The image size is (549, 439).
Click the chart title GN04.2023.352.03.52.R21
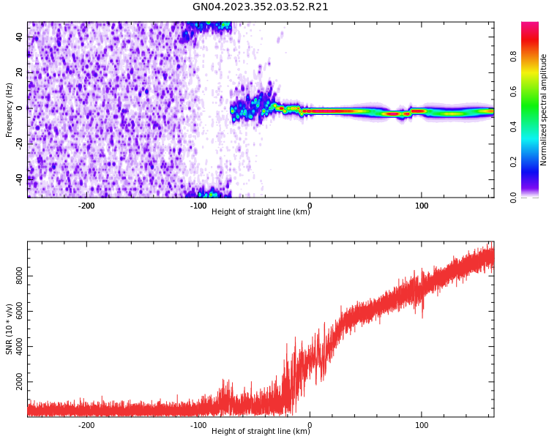click(260, 7)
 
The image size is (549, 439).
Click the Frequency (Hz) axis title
click(10, 110)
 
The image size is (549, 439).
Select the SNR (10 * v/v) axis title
click(10, 329)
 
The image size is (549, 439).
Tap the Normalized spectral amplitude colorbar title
click(544, 110)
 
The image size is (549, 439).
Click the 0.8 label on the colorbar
click(514, 56)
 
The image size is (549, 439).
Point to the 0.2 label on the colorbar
click(514, 162)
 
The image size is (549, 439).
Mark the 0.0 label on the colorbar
click(514, 197)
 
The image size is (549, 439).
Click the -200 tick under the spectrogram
click(86, 206)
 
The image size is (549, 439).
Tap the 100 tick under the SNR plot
click(422, 425)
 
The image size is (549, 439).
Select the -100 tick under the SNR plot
click(198, 425)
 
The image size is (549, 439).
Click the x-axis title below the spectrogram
click(261, 212)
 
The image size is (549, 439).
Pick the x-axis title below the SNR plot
click(261, 432)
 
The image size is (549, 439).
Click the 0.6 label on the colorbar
click(514, 91)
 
